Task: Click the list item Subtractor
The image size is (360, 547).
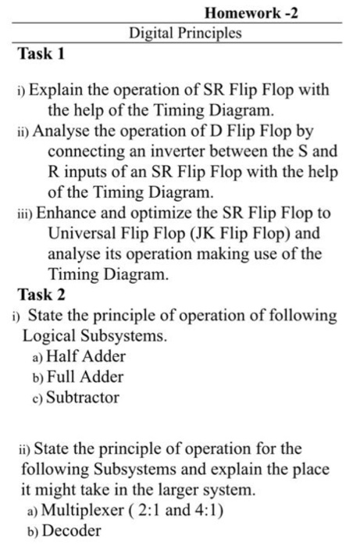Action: [x=83, y=397]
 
